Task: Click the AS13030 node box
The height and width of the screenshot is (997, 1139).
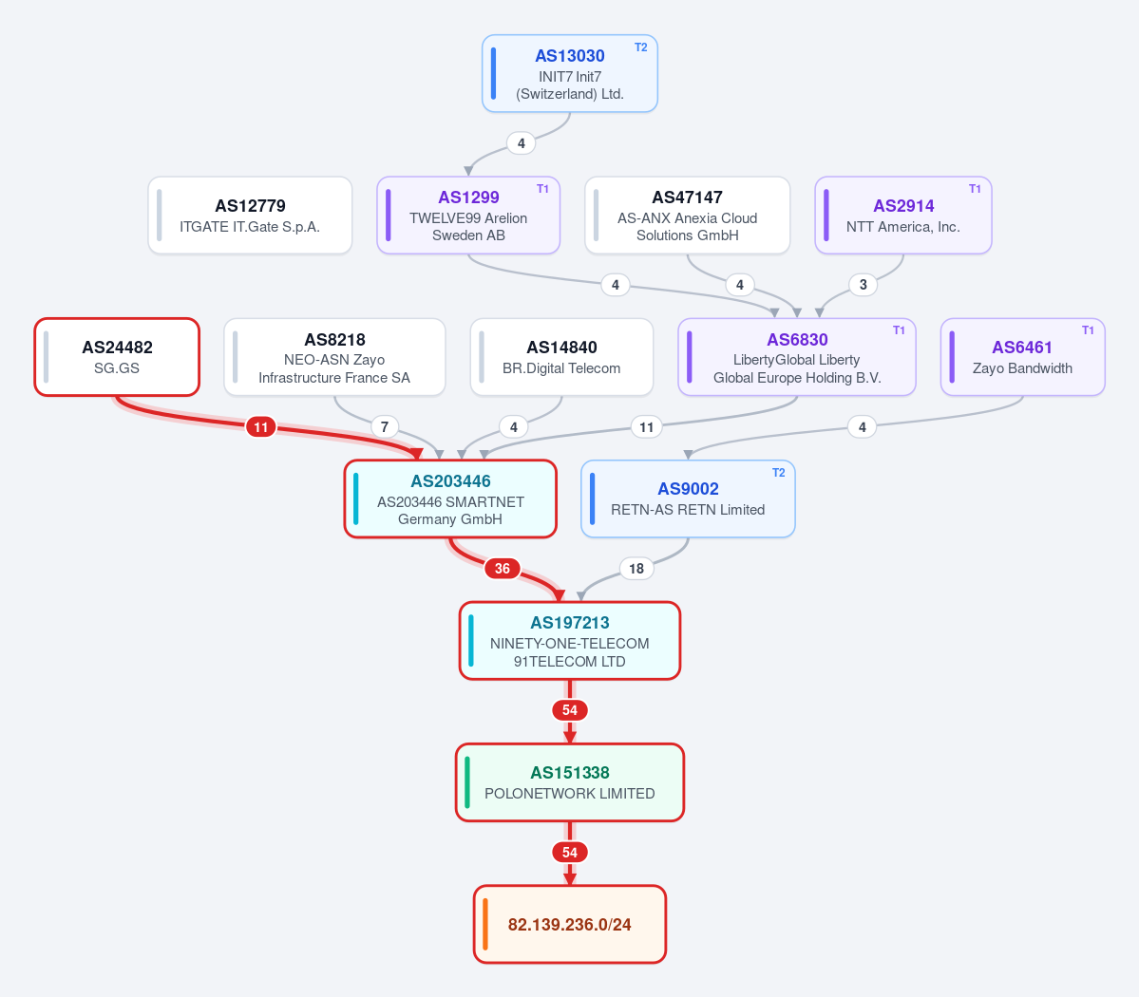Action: coord(570,73)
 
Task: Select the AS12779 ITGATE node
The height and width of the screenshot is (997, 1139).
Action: coord(250,215)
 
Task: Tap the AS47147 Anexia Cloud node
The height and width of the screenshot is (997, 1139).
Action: coord(687,215)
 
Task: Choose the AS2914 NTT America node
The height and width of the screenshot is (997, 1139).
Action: coord(902,215)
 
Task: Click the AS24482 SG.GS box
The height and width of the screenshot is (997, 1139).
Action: coord(117,357)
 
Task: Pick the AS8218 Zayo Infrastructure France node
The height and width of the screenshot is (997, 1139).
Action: coord(334,357)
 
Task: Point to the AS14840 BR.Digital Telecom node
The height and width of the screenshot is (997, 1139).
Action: coord(561,357)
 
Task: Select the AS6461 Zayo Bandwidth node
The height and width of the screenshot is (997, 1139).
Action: coord(1023,357)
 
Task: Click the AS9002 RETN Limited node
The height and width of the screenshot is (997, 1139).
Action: coord(688,498)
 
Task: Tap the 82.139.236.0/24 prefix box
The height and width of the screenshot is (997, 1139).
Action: coord(570,925)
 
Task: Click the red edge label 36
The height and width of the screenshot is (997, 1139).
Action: coord(502,569)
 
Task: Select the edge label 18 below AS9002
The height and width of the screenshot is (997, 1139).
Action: coord(636,569)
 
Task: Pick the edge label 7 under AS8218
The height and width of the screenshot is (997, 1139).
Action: coord(385,427)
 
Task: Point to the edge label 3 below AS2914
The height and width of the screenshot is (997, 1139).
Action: coord(863,285)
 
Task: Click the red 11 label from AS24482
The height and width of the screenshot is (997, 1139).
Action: coord(261,427)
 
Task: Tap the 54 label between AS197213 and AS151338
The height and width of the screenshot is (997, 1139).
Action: coord(570,710)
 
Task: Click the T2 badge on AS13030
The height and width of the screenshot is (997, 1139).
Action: coord(640,47)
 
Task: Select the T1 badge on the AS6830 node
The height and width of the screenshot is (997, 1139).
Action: coord(899,330)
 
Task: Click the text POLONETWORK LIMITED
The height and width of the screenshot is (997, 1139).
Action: coord(570,794)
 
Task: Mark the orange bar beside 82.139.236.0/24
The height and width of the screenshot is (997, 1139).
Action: coord(485,925)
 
